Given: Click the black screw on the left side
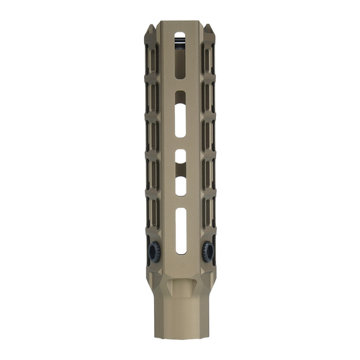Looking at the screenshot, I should [x=153, y=250].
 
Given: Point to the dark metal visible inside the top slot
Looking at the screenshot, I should [x=179, y=45].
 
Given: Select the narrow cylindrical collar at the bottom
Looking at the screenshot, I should [x=179, y=317].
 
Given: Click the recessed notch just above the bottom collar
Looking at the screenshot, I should [x=179, y=288].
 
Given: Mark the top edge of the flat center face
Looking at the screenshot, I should [x=179, y=23].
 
